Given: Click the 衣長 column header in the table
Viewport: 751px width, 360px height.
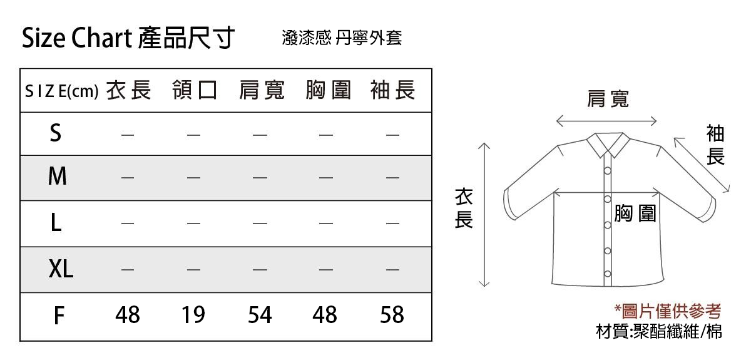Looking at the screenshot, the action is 129,90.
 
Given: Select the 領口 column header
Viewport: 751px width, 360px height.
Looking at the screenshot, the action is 195,90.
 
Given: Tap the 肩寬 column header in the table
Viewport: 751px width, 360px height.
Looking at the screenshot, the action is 262,90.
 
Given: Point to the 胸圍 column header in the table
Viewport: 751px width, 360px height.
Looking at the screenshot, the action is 328,90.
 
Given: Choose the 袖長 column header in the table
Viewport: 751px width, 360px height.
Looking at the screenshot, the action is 393,90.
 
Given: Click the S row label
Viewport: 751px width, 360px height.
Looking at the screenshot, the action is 56,133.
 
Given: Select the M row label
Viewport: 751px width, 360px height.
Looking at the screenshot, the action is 58,176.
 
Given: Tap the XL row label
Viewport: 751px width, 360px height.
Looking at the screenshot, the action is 61,269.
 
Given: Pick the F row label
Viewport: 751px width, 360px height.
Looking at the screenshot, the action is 59,316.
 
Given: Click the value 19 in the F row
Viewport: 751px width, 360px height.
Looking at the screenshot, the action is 193,315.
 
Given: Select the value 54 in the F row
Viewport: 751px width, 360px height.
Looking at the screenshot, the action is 260,315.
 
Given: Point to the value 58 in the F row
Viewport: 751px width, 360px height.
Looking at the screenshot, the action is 392,315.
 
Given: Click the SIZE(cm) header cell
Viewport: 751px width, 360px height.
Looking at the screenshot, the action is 62,91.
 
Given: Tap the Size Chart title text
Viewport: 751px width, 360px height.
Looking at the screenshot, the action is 77,38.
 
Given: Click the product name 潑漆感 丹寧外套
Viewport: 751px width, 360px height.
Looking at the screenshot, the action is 342,38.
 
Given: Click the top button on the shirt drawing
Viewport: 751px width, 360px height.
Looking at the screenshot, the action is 608,171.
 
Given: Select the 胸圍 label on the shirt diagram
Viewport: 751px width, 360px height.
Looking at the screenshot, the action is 635,213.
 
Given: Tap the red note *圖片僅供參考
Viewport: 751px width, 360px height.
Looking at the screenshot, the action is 668,311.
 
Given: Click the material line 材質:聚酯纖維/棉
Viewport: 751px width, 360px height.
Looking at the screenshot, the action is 659,331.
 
